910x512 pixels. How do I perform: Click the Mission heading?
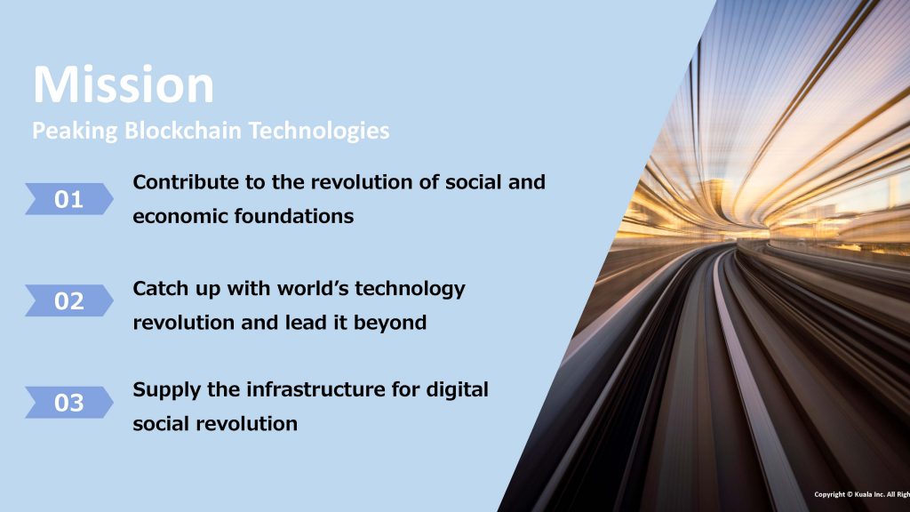coord(124,84)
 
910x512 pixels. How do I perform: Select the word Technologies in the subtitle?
coord(319,131)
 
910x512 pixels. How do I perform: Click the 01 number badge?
coord(69,199)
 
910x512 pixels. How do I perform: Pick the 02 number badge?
coord(69,300)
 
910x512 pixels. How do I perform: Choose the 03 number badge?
coord(69,403)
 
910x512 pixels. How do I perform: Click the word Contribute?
coord(186,181)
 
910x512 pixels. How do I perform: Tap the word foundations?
coord(294,216)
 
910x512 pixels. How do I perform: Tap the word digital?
coord(458,390)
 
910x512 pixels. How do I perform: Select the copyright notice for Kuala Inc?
coord(862,494)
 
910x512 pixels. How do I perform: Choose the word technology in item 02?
coord(411,289)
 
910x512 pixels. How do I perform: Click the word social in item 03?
coord(162,424)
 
